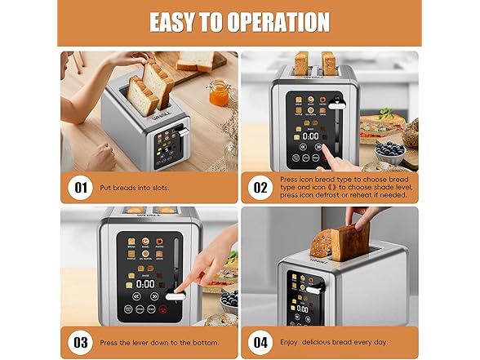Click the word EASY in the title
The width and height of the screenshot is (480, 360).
point(171,22)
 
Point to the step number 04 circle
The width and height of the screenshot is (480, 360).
point(260,341)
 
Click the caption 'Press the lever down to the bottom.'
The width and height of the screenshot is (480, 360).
point(158,341)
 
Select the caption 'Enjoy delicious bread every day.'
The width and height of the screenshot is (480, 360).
point(335,341)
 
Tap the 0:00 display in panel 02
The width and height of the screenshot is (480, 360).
point(310,136)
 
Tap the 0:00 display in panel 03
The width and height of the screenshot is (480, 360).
point(146,284)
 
